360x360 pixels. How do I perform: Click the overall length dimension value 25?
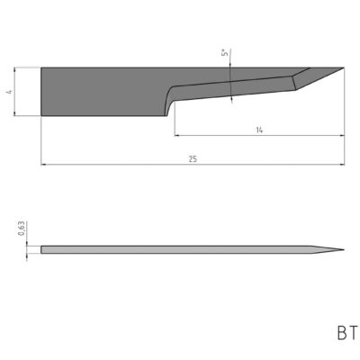click(x=193, y=159)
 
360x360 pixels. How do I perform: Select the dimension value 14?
click(x=259, y=130)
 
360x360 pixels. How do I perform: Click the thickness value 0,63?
click(x=21, y=231)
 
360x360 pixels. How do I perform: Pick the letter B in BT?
click(x=342, y=334)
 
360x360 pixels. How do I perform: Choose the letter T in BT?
click(x=353, y=334)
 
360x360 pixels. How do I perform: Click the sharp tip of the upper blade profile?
click(x=344, y=67)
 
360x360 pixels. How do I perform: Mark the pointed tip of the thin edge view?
click(x=344, y=249)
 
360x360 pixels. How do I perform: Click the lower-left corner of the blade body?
click(x=41, y=115)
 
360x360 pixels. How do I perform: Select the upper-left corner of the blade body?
click(x=41, y=67)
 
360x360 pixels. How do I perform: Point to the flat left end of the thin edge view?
click(x=41, y=249)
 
